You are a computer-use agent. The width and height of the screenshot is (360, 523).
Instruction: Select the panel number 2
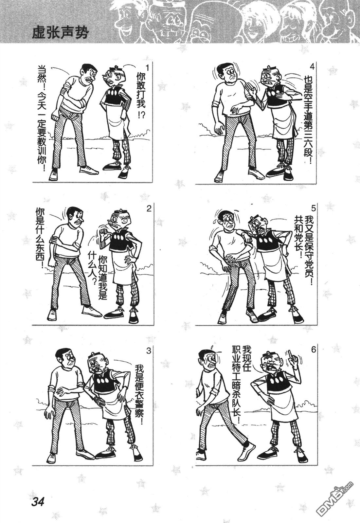pyautogui.click(x=149, y=208)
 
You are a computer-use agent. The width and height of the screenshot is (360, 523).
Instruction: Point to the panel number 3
pyautogui.click(x=149, y=351)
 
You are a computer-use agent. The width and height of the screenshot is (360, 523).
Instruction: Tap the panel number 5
pyautogui.click(x=313, y=207)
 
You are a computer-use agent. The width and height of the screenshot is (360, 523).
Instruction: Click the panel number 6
pyautogui.click(x=313, y=350)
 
